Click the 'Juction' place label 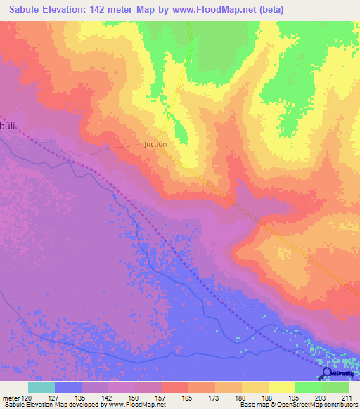pos(155,144)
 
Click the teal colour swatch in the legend pos(41,387)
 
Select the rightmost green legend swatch pos(335,387)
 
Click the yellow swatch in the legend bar pos(281,387)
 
